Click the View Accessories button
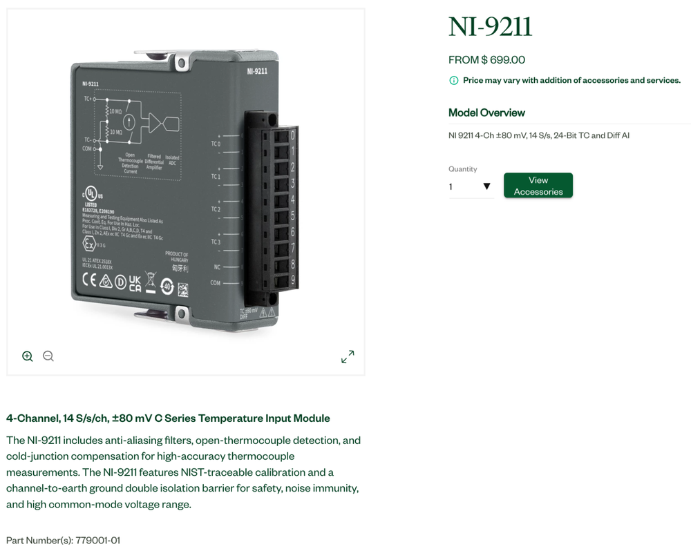click(538, 186)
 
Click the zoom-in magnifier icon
click(28, 356)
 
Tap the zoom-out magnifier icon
click(48, 356)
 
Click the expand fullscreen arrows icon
click(348, 356)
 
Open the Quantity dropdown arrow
click(486, 186)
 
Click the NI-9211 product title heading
click(490, 27)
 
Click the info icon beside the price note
click(454, 81)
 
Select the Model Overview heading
click(486, 113)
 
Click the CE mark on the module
click(89, 280)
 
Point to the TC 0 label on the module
click(215, 144)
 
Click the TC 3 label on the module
click(216, 242)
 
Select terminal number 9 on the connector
click(292, 280)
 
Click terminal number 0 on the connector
click(292, 135)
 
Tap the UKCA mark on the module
click(135, 283)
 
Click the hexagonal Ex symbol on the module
click(89, 244)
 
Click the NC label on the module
click(217, 267)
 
